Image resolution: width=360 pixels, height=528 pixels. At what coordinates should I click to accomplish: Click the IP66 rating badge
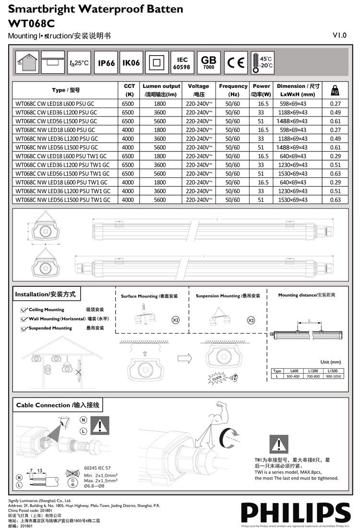pyautogui.click(x=106, y=63)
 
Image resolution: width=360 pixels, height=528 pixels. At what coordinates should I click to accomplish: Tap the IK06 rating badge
pyautogui.click(x=131, y=63)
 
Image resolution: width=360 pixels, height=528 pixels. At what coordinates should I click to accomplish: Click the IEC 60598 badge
pyautogui.click(x=182, y=63)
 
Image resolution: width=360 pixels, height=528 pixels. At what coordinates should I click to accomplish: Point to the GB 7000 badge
pyautogui.click(x=208, y=62)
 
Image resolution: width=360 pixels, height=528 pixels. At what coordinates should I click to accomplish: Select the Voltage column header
pyautogui.click(x=198, y=90)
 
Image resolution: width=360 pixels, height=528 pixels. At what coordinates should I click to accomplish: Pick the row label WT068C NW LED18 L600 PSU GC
pyautogui.click(x=55, y=130)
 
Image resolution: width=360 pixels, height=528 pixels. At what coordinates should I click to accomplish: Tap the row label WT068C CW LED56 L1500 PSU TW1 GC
pyautogui.click(x=62, y=174)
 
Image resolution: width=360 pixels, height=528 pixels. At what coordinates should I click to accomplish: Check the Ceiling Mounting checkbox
pyautogui.click(x=24, y=310)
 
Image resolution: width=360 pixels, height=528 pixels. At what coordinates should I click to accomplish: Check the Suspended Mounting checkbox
pyautogui.click(x=24, y=329)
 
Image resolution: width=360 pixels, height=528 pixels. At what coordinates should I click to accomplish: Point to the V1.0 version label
pyautogui.click(x=339, y=35)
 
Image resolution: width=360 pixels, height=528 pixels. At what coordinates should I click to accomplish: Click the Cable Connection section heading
pyautogui.click(x=58, y=405)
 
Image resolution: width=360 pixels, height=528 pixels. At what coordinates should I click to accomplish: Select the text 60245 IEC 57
pyautogui.click(x=97, y=467)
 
